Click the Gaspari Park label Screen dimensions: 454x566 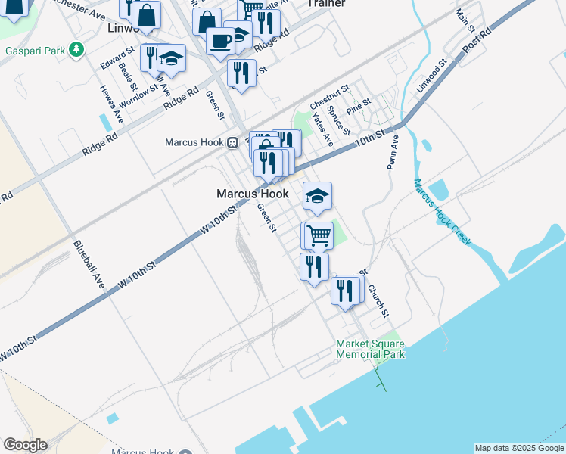tap(35, 51)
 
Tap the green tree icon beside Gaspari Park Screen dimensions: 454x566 tap(76, 51)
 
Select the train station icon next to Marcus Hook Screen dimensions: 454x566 tap(234, 142)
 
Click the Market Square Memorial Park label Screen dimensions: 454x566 tap(370, 349)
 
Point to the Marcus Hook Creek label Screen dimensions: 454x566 tap(442, 213)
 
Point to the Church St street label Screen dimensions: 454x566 tap(378, 300)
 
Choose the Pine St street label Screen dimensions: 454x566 tap(358, 106)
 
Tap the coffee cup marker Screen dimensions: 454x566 tap(220, 41)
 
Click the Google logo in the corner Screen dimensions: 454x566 tap(25, 445)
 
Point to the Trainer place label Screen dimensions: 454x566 tap(326, 4)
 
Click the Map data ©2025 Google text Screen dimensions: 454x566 tap(519, 448)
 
